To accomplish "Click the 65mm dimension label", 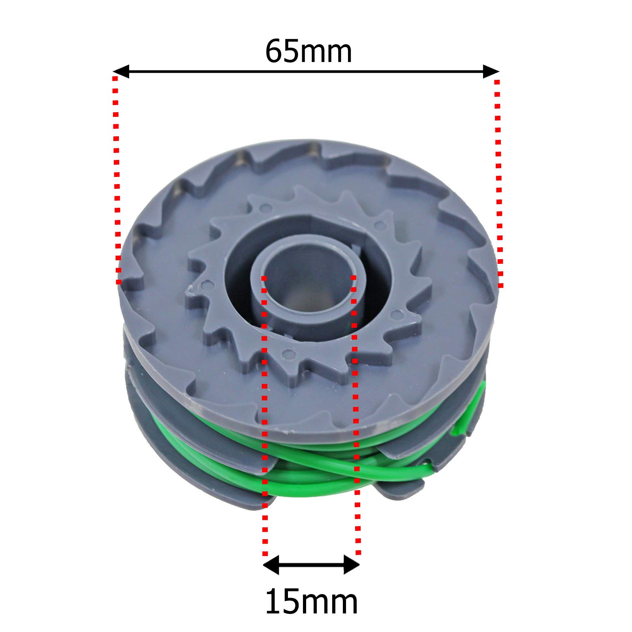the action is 308,51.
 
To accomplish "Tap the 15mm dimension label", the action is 311,602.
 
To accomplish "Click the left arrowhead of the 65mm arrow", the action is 121,71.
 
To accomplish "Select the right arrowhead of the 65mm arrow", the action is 491,71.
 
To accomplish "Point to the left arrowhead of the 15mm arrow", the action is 271,564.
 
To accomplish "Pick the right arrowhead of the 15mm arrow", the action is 352,564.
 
